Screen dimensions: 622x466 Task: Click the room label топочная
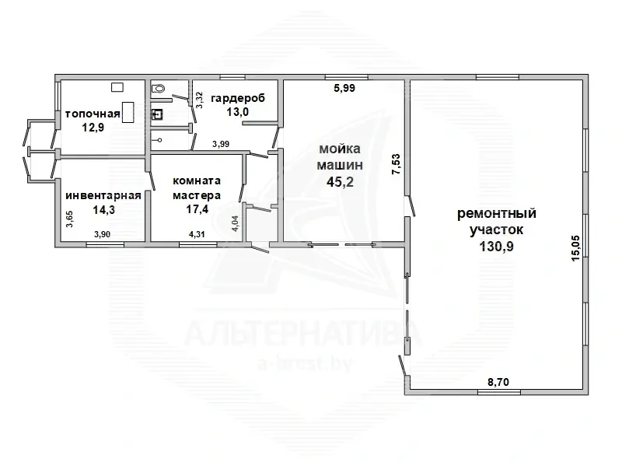tap(93, 114)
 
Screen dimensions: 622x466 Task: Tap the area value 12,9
tap(93, 128)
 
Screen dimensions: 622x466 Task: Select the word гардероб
tap(238, 98)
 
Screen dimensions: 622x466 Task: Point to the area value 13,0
tap(238, 112)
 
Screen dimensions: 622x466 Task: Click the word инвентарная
tap(103, 196)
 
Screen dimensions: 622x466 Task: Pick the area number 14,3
tap(104, 209)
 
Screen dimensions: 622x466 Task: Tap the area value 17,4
tap(197, 208)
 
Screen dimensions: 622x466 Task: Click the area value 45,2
tap(340, 182)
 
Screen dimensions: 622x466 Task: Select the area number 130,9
tap(496, 247)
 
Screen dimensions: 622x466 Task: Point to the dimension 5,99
tap(344, 88)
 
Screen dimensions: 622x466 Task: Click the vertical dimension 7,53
tap(396, 165)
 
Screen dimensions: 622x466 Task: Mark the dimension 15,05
tap(575, 248)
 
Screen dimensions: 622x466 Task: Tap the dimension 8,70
tap(498, 382)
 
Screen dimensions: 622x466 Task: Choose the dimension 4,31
tap(197, 234)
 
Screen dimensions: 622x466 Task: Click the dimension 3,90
tap(102, 234)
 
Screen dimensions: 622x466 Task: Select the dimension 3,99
tap(221, 144)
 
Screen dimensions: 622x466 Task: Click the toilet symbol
tap(159, 88)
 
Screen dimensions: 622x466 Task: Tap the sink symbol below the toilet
tap(158, 114)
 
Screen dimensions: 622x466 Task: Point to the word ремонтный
tap(497, 213)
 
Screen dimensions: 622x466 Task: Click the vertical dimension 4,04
tap(235, 223)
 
